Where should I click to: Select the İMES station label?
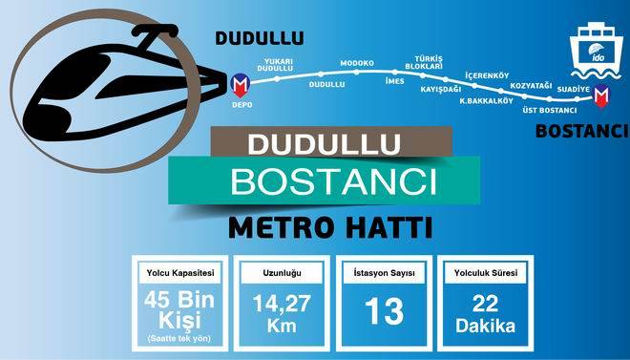[394, 81]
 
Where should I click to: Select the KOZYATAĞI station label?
[533, 85]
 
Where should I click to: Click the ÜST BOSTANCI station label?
[551, 110]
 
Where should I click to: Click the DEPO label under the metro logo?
[241, 104]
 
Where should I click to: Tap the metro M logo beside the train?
[241, 84]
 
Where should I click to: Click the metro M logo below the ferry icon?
[600, 96]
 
